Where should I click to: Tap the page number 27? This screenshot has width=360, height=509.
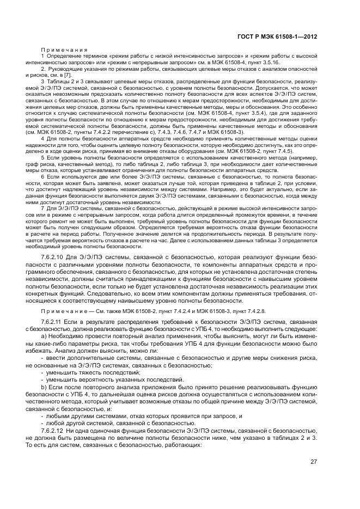click(x=314, y=462)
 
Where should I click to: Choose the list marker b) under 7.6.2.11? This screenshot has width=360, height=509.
click(x=44, y=386)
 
